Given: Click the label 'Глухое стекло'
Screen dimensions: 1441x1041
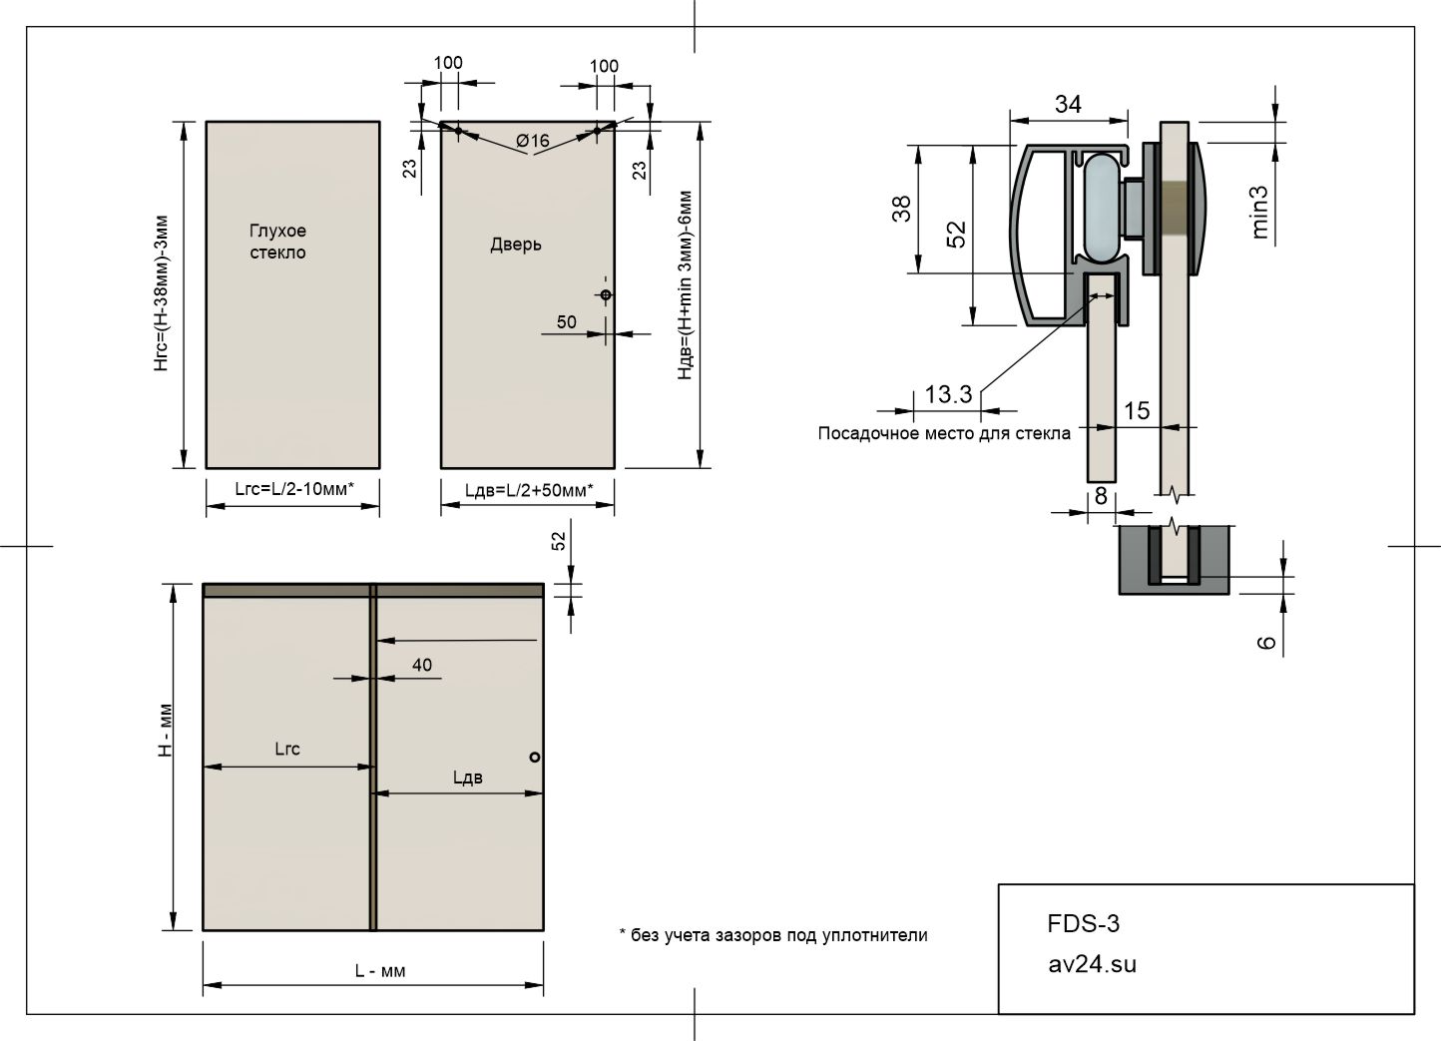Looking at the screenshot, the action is [277, 242].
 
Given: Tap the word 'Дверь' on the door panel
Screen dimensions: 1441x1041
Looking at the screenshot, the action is [516, 245].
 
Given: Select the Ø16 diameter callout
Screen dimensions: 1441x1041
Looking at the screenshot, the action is [533, 140].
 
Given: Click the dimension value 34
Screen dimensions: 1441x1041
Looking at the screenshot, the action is [1068, 104].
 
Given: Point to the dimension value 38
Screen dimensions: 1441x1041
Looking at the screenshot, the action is [902, 209].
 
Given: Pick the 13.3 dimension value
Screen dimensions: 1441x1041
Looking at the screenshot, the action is [948, 394].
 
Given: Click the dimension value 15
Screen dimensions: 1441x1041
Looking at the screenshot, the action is [1137, 410].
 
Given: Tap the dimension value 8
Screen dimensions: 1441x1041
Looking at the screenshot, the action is [1101, 496].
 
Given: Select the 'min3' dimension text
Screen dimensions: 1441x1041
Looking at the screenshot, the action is [1259, 213].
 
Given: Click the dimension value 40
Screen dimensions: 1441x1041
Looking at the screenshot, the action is [422, 665].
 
